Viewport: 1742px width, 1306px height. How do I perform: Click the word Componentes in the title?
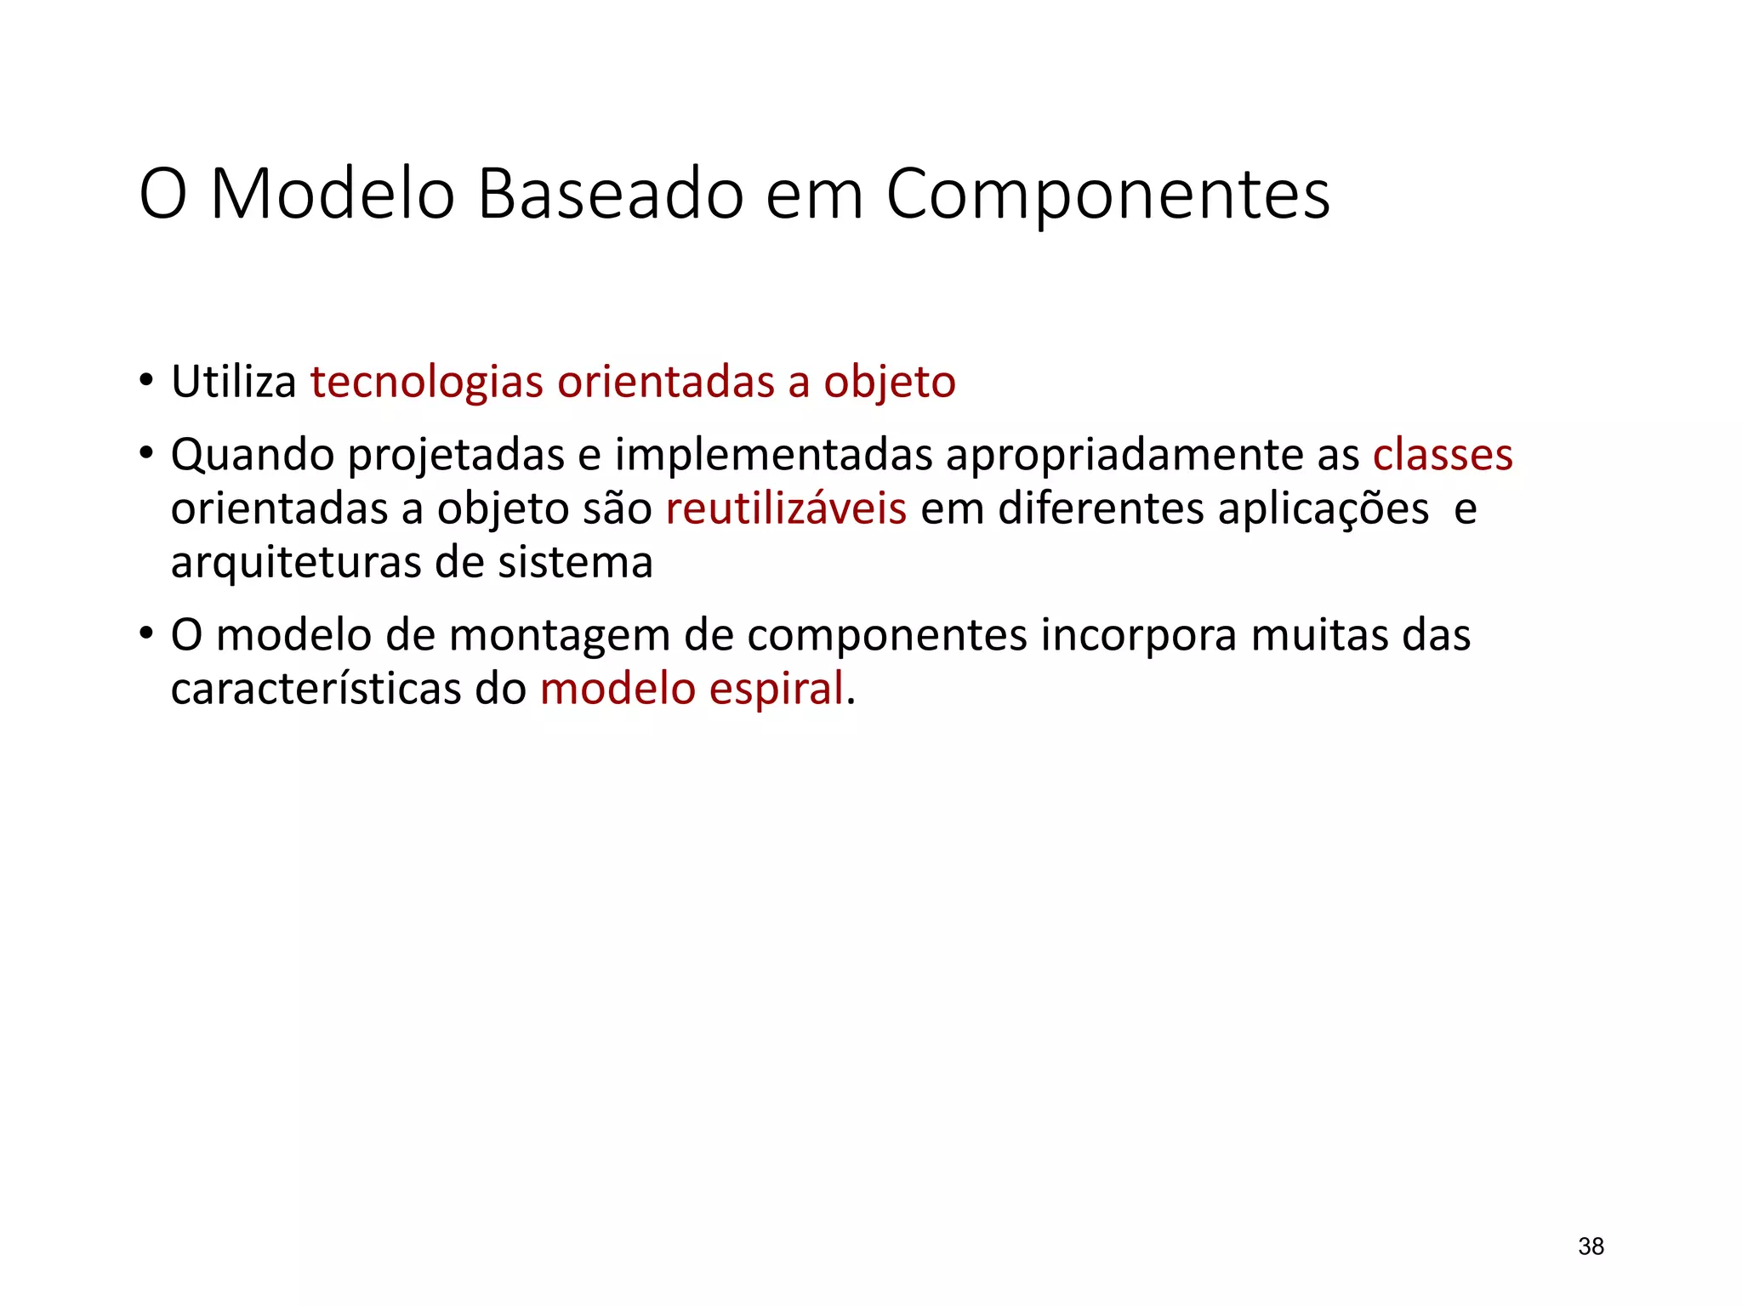pos(1107,196)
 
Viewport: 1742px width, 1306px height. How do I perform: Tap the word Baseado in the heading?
pos(610,194)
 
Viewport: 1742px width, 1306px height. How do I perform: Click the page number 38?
pos(1591,1246)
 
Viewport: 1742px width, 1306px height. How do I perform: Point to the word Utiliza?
pos(233,382)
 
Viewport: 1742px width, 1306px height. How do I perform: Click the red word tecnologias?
pos(426,382)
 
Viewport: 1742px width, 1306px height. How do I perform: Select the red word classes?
pos(1443,455)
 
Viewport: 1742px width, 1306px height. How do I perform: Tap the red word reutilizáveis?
pos(786,508)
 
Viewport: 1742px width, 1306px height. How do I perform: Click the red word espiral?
pos(776,689)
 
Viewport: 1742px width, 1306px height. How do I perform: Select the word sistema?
pos(575,563)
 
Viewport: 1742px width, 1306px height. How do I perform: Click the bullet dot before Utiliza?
pos(146,380)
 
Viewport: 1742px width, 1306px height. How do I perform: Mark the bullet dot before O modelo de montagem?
pos(146,633)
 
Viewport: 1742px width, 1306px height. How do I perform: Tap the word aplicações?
pos(1324,508)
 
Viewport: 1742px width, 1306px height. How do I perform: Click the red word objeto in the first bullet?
pos(889,382)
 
